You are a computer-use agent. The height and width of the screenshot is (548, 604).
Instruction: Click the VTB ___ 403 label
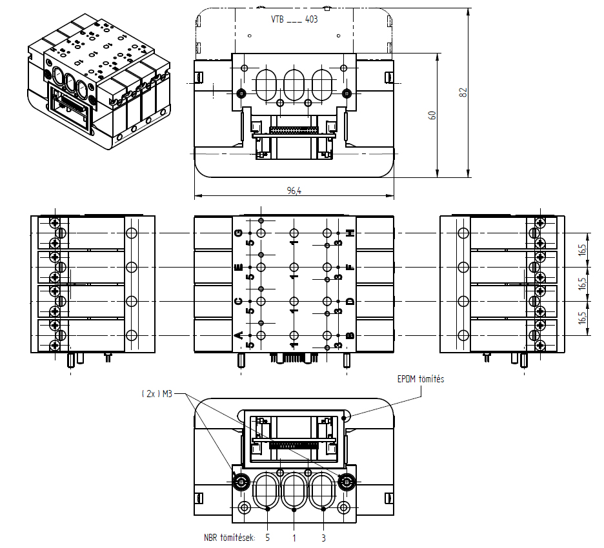(x=294, y=19)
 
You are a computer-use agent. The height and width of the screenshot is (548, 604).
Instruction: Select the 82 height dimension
(x=463, y=92)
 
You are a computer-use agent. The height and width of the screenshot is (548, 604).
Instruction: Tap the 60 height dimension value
(x=433, y=115)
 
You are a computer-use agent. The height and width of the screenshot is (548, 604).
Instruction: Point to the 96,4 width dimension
(x=294, y=191)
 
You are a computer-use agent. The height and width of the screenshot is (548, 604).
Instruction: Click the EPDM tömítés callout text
(x=421, y=379)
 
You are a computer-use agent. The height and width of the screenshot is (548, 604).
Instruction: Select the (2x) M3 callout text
(x=157, y=394)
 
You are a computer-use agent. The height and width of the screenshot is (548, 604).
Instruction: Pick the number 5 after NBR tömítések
(x=267, y=537)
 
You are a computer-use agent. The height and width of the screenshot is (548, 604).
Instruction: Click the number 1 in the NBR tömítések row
(x=295, y=537)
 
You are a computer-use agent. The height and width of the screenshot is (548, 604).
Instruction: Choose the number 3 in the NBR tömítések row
(x=323, y=537)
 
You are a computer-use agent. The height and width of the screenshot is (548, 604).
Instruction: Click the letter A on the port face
(x=238, y=335)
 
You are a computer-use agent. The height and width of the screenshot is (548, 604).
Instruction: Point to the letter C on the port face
(x=238, y=301)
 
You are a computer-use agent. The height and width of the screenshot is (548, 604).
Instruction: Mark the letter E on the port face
(x=238, y=267)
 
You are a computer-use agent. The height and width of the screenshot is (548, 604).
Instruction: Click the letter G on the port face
(x=238, y=233)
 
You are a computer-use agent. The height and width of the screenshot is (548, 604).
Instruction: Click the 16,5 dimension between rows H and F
(x=583, y=250)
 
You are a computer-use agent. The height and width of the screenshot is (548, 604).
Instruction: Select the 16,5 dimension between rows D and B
(x=583, y=318)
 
